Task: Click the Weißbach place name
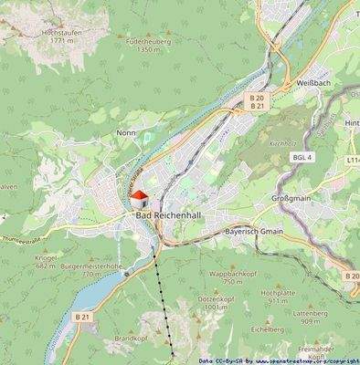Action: [312, 83]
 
